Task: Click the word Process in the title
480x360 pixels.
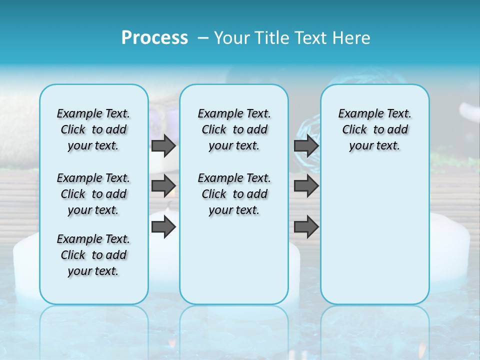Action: [154, 37]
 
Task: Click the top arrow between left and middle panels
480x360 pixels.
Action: [163, 145]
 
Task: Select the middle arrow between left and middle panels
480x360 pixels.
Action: [163, 186]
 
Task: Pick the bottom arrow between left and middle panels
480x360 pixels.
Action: [163, 227]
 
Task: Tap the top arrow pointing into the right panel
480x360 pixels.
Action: [306, 145]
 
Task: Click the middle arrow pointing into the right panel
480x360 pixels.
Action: [306, 186]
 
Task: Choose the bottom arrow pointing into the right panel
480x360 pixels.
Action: [306, 227]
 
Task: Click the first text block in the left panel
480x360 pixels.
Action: [93, 129]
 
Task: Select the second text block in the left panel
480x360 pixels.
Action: [93, 194]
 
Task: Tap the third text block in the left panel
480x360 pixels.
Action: [93, 255]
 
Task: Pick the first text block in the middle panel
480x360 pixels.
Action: [234, 129]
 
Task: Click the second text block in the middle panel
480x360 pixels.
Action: [234, 194]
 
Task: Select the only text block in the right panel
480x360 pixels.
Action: [375, 129]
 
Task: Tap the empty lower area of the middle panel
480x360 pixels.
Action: [234, 260]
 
